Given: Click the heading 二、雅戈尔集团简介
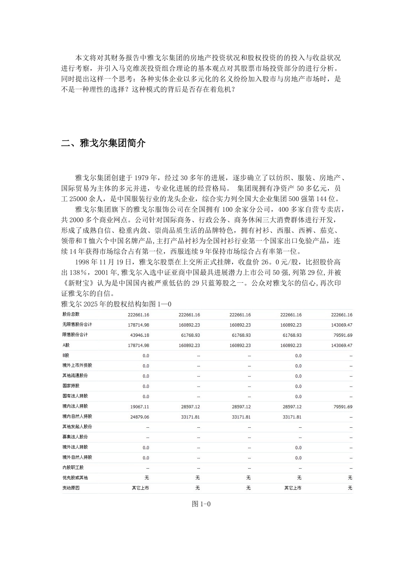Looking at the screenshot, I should coord(103,143).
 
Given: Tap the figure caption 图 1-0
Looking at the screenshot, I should coord(201,504).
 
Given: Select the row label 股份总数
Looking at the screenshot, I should coord(71,314).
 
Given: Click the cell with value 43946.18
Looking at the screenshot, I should coord(140,335).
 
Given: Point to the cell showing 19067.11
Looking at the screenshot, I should coord(140,407).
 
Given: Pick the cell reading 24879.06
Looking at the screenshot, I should coord(140,417).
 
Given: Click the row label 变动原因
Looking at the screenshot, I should coord(71,488).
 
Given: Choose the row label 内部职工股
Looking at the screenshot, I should coord(73,468).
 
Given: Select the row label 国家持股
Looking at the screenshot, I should coord(71,386).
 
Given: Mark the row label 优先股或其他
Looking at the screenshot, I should coord(75,478).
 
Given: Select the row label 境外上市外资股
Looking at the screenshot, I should coord(77,366).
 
